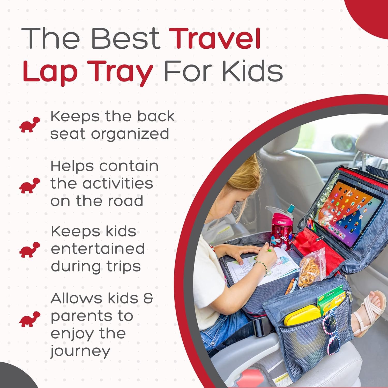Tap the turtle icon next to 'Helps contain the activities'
click(x=30, y=185)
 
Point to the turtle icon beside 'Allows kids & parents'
click(x=30, y=319)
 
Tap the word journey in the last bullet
click(x=80, y=352)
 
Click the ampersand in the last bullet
click(x=148, y=298)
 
